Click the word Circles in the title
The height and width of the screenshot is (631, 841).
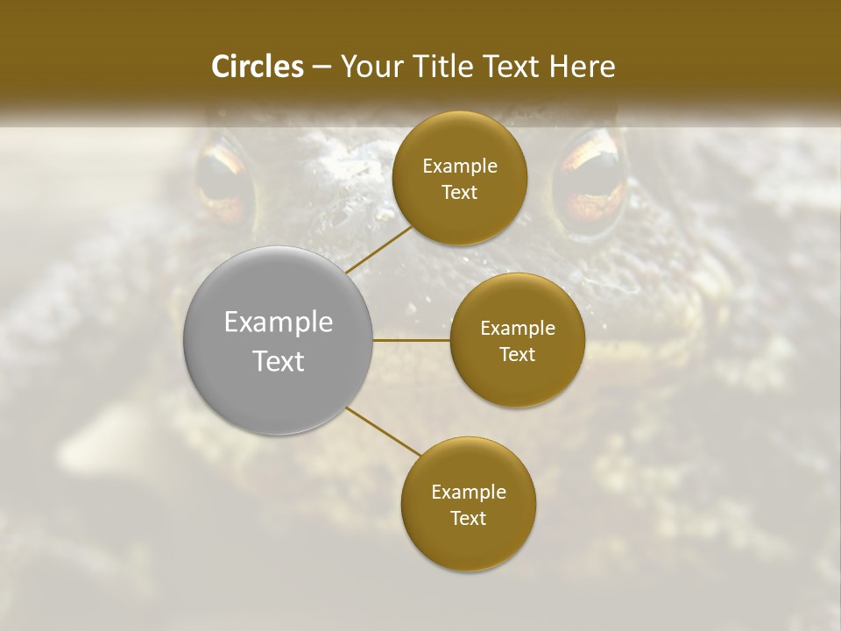pos(257,67)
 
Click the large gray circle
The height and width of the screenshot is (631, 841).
pos(279,340)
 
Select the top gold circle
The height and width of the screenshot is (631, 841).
pos(459,179)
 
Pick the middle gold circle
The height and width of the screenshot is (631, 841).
pos(517,341)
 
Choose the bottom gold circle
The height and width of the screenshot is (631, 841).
pos(468,505)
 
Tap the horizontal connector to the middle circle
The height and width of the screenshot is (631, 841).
pos(412,340)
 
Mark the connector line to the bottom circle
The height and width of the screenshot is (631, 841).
pos(384,432)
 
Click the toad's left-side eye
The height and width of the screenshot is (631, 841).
pos(223,180)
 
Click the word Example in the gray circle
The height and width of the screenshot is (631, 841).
pos(279,323)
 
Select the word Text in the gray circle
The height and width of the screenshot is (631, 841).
pos(279,361)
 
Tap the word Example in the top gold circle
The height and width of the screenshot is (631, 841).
pos(460,167)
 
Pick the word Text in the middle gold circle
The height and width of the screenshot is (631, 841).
pos(517,354)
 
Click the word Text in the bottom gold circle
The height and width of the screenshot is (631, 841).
pos(468,518)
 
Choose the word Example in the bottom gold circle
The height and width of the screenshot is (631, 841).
pos(469,493)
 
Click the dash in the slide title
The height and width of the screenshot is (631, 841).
pos(322,67)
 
